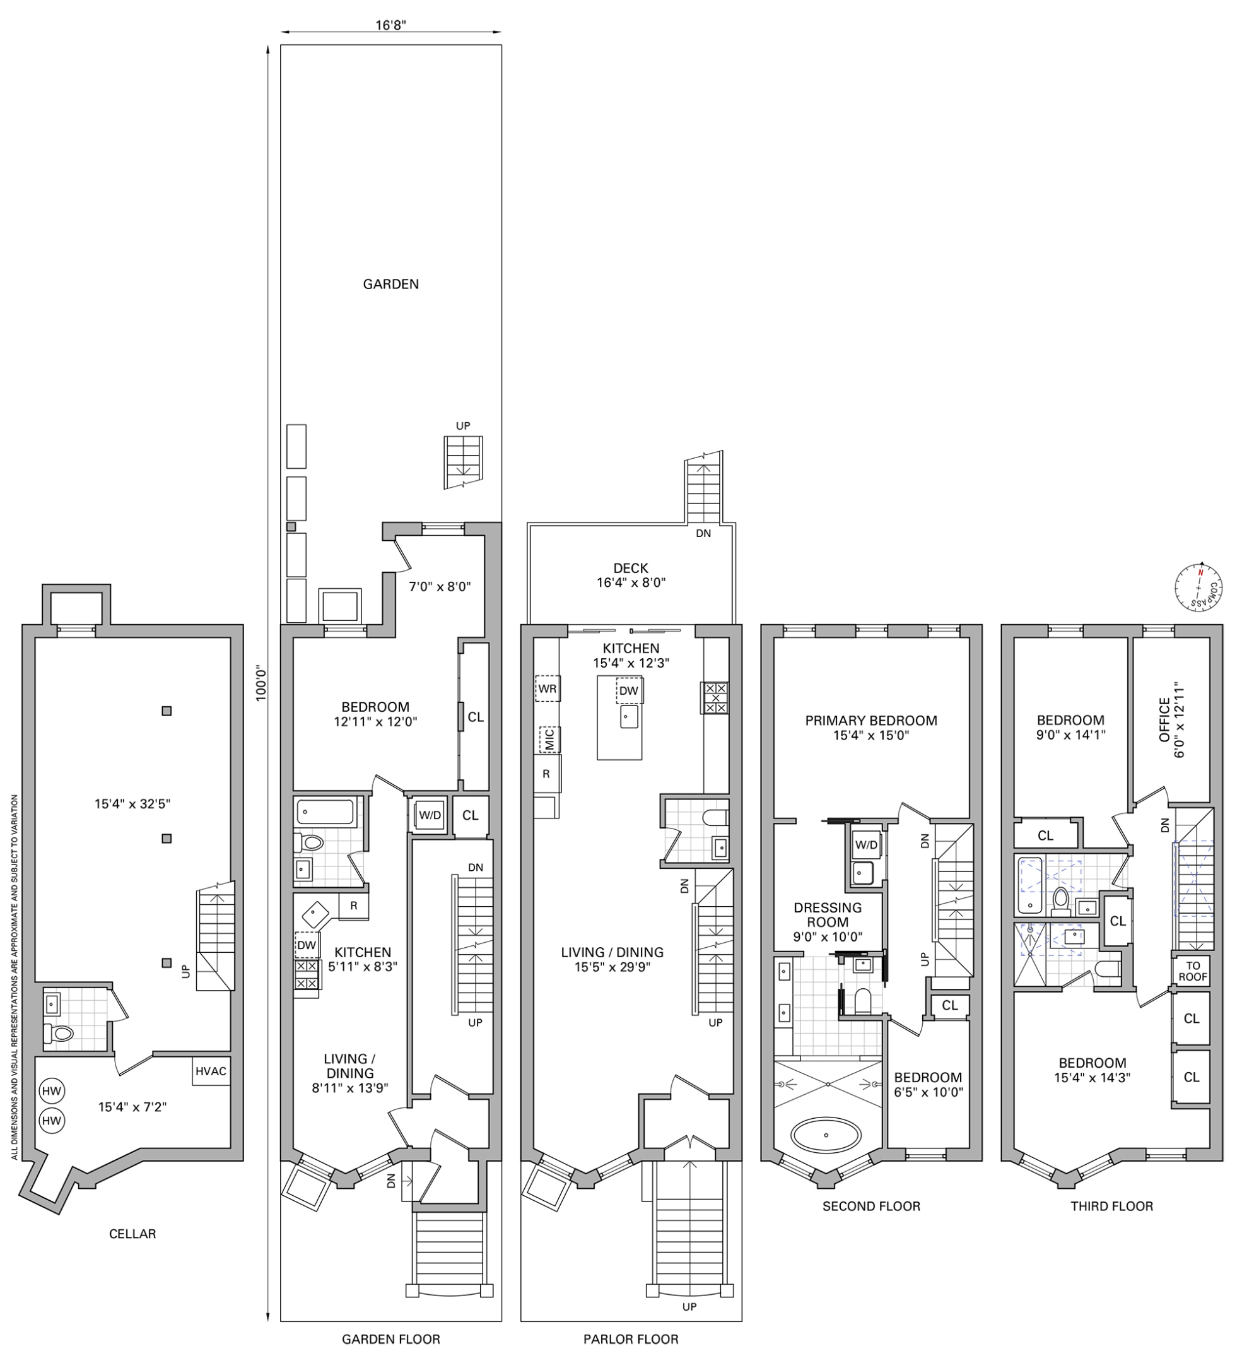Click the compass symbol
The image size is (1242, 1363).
(1198, 587)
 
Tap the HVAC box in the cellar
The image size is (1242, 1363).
(211, 1071)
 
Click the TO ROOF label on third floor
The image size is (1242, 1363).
(1193, 971)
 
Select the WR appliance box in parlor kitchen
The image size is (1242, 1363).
(547, 688)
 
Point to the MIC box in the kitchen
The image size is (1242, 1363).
(549, 739)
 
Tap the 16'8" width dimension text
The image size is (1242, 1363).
(390, 26)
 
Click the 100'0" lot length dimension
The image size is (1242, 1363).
(262, 683)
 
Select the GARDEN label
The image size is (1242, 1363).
(390, 284)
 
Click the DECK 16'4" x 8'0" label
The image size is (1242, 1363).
(630, 575)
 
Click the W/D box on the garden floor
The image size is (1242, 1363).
(429, 815)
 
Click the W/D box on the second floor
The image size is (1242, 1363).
(865, 844)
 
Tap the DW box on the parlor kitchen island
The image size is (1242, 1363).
(628, 690)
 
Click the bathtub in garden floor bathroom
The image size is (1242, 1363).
(325, 811)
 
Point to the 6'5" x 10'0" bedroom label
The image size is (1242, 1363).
(928, 1085)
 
